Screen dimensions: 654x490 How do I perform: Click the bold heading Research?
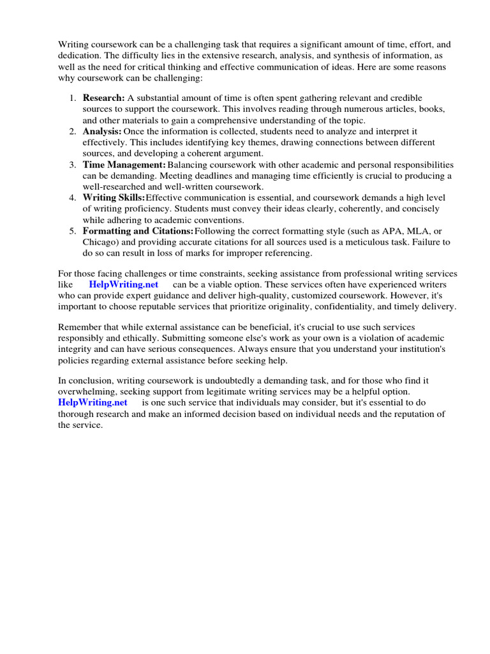point(104,98)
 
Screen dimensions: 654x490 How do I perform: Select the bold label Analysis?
point(102,131)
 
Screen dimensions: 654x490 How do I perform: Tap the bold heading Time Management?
point(124,164)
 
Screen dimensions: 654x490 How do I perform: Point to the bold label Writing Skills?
point(114,197)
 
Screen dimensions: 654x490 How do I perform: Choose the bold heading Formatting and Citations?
point(138,231)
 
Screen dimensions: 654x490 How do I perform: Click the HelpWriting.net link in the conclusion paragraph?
point(93,402)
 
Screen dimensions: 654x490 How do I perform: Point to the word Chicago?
point(100,242)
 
